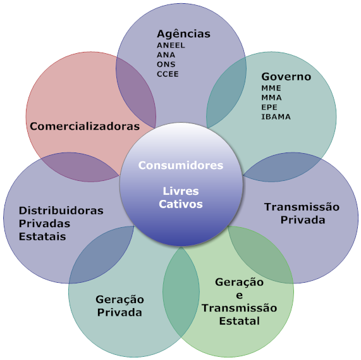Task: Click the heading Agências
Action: tap(183, 34)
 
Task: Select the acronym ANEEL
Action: tap(171, 46)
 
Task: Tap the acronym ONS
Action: tap(166, 65)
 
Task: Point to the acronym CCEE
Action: tap(168, 74)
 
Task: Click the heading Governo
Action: tap(286, 77)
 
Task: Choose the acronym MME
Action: tap(271, 88)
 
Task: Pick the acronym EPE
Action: tap(269, 108)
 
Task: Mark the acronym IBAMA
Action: tap(276, 117)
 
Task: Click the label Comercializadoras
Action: tap(85, 126)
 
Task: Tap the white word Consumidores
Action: tap(181, 165)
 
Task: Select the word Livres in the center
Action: tap(181, 191)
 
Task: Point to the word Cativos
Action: tap(181, 204)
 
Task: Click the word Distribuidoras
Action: tap(61, 211)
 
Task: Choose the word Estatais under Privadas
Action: tap(42, 237)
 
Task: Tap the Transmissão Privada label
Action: tap(302, 213)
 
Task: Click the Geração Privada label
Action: tap(119, 306)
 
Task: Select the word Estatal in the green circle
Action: tap(239, 321)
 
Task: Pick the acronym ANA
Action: tap(166, 55)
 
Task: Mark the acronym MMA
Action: tap(271, 97)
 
